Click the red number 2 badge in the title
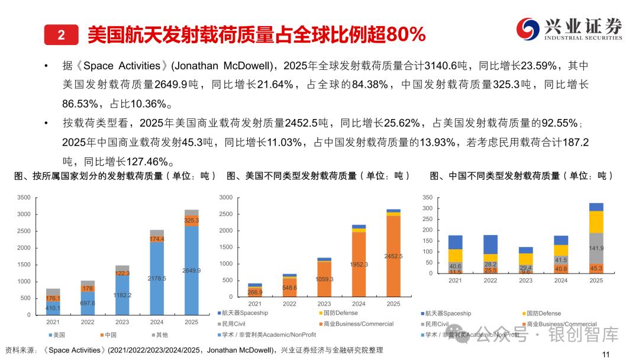coord(61,35)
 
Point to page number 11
coord(605,354)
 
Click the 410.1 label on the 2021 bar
coord(54,308)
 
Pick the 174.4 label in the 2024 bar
coord(157,239)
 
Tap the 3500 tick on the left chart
coord(24,198)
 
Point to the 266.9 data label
coord(255,292)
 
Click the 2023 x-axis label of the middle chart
coord(324,304)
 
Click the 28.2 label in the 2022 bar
coord(490,264)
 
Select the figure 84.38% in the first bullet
coord(370,85)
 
